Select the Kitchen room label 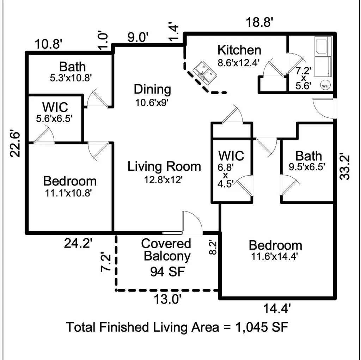point(239,50)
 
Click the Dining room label point(152,89)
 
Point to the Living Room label point(164,166)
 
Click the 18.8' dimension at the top point(259,23)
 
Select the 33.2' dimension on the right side point(345,167)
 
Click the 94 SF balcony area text point(167,272)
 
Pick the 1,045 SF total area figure point(262,327)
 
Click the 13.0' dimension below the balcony point(167,299)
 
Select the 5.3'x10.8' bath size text point(71,78)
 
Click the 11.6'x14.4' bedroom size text point(275,256)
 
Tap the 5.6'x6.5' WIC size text point(54,118)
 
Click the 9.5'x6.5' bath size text point(307,167)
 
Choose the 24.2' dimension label point(78,243)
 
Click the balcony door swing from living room point(192,222)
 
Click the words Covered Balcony point(166,250)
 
